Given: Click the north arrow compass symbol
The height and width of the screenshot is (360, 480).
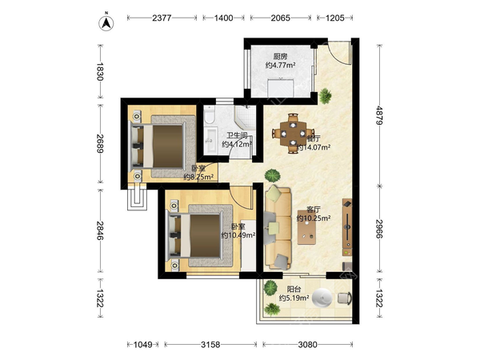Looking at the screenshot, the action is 106,23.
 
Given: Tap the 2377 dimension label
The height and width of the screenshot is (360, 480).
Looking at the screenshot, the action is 162,18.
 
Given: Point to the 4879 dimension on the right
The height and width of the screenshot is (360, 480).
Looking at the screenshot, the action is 379,115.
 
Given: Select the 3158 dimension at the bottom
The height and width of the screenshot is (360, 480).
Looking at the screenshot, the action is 210,345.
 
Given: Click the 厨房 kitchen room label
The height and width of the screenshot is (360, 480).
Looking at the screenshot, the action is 281,56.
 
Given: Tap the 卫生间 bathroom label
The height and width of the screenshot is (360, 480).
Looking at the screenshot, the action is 237,135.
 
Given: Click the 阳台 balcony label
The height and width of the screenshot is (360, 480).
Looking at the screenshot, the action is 294,289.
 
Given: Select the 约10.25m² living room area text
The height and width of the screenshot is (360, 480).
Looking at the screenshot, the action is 314,218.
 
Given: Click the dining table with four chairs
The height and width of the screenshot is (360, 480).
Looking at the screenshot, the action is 294,134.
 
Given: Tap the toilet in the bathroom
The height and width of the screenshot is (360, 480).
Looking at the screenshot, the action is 210,114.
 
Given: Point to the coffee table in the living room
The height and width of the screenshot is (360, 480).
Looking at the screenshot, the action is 306,231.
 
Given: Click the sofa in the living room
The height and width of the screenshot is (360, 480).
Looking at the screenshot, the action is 278,227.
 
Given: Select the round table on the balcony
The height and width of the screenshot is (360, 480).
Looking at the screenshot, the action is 322,298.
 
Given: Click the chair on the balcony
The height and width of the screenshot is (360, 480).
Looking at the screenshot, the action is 345,298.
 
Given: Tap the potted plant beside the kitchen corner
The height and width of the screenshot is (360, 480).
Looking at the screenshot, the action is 325,96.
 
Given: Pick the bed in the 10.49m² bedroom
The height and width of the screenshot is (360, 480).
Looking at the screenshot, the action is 198,236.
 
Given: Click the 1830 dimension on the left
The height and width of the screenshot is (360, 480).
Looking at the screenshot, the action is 100,71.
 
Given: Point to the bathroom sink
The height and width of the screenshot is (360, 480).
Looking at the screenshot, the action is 210,141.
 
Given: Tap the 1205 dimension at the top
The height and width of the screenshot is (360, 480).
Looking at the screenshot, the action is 335,18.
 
